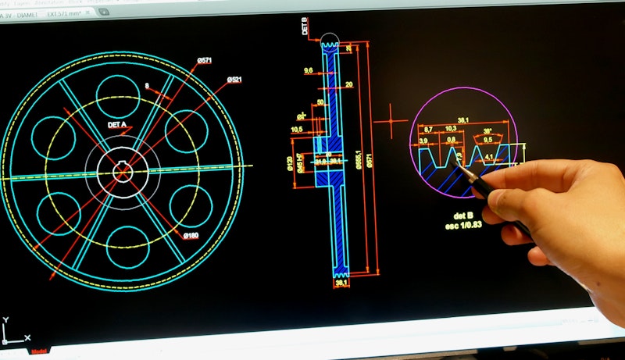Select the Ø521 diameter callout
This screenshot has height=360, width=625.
coord(234,80)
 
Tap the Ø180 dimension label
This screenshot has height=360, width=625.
coord(191,235)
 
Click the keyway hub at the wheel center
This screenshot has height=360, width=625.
coord(123,167)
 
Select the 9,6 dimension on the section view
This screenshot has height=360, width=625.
coord(308,70)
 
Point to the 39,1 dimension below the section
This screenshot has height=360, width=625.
coord(342,284)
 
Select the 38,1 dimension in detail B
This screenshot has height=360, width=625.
coord(462,120)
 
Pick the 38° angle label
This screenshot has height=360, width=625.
coord(487,130)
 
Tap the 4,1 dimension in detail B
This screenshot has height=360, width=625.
coord(488,156)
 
